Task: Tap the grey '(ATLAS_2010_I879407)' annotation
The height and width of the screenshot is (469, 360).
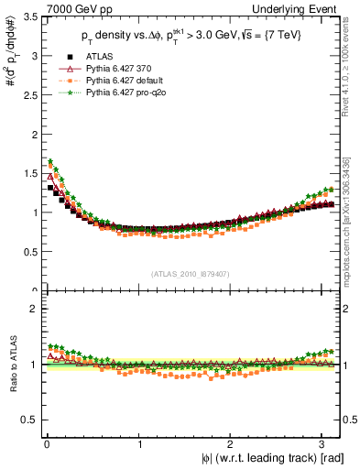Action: coord(191,273)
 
